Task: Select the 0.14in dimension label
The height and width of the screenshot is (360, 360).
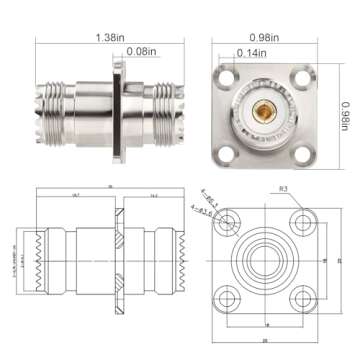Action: point(252,52)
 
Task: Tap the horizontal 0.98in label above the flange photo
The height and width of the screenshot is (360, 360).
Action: point(269,37)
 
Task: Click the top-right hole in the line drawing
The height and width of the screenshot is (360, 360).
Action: point(301,220)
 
